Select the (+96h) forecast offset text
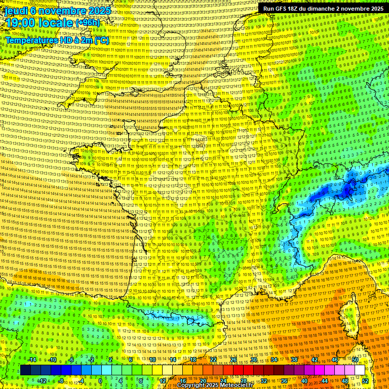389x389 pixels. pos(88,23)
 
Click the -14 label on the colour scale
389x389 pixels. pos(32,360)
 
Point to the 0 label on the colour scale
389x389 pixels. pos(100,381)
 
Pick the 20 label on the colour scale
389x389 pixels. pos(203,381)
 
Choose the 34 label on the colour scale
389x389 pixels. pos(274,360)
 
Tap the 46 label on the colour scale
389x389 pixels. pos(335,360)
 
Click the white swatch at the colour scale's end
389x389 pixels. pos(360,370)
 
